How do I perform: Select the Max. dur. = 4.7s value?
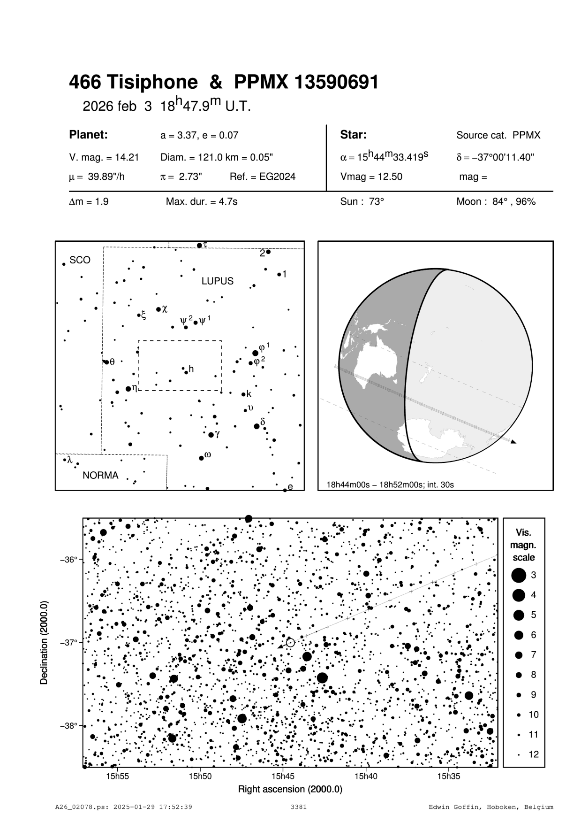202,202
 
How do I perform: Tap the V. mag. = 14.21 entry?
104,157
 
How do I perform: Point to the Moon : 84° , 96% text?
496,202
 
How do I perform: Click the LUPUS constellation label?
217,281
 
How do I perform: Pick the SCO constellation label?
80,260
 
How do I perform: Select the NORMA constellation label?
100,475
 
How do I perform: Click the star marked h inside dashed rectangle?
186,372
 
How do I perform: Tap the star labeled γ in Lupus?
211,435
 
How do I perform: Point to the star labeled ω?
201,458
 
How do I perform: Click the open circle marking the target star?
290,642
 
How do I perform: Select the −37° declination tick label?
68,642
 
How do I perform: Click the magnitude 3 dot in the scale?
518,575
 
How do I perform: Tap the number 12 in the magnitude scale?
534,754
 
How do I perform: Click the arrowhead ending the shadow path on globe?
513,441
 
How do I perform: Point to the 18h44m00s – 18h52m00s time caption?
390,485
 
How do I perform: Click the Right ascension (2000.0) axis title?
290,789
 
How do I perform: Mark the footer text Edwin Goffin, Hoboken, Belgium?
491,807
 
